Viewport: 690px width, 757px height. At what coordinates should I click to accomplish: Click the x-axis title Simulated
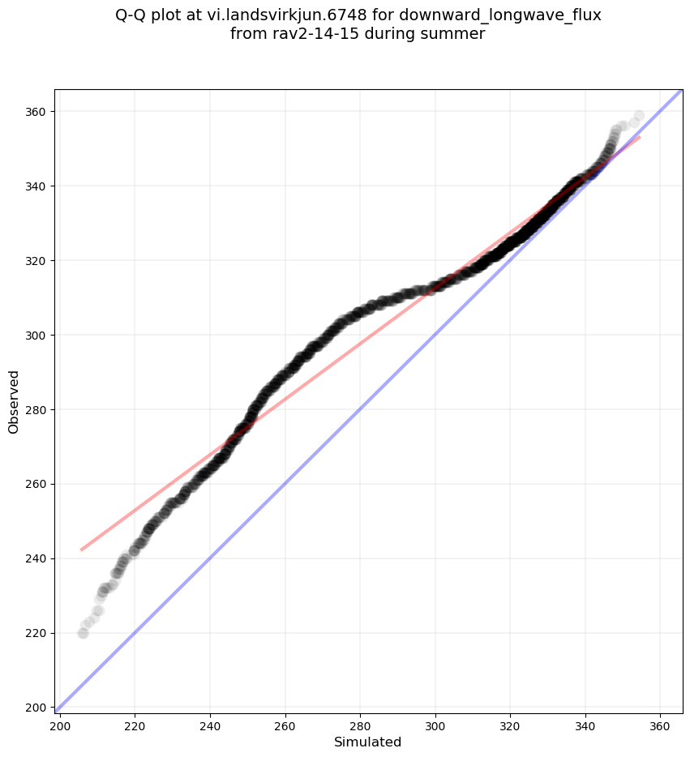(368, 742)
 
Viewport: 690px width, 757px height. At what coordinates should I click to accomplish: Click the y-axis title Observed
(14, 401)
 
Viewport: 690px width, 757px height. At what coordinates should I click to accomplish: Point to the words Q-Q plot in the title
(151, 15)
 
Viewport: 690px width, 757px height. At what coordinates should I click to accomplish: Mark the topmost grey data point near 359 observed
(639, 116)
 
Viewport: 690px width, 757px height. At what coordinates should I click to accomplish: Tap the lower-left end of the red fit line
(81, 550)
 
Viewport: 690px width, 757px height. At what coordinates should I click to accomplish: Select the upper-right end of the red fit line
(640, 137)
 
